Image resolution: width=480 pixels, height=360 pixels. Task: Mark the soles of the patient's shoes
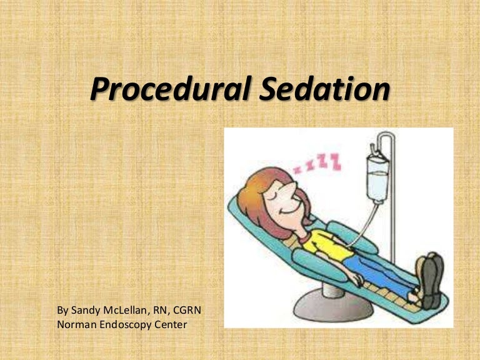(x=432, y=275)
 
